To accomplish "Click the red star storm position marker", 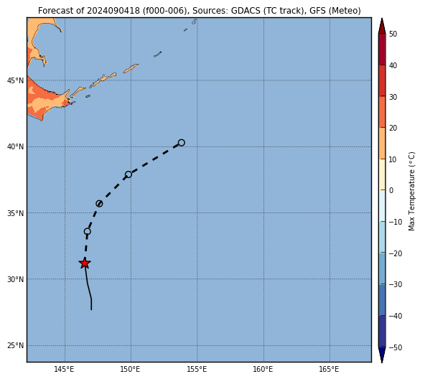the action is tap(85, 263).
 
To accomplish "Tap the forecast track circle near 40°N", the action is tap(182, 143).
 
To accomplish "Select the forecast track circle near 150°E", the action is tap(129, 174).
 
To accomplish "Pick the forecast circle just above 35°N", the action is tap(99, 204).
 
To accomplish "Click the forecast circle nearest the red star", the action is tap(88, 232).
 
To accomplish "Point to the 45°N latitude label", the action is tap(16, 80).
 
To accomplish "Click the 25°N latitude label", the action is tap(16, 346).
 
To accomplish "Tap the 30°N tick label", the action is tap(16, 279).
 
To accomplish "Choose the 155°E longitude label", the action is tap(197, 369).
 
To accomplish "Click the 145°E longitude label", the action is tap(64, 369).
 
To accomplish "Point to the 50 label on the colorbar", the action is tap(393, 34).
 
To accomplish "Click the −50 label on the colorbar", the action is tap(396, 347).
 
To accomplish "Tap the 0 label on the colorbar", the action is tap(391, 191).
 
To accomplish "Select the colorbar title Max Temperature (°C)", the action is tap(411, 191).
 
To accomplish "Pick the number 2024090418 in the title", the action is tap(113, 11).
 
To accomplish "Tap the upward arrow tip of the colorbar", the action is tap(382, 19).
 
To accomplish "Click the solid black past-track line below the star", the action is tap(88, 286).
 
